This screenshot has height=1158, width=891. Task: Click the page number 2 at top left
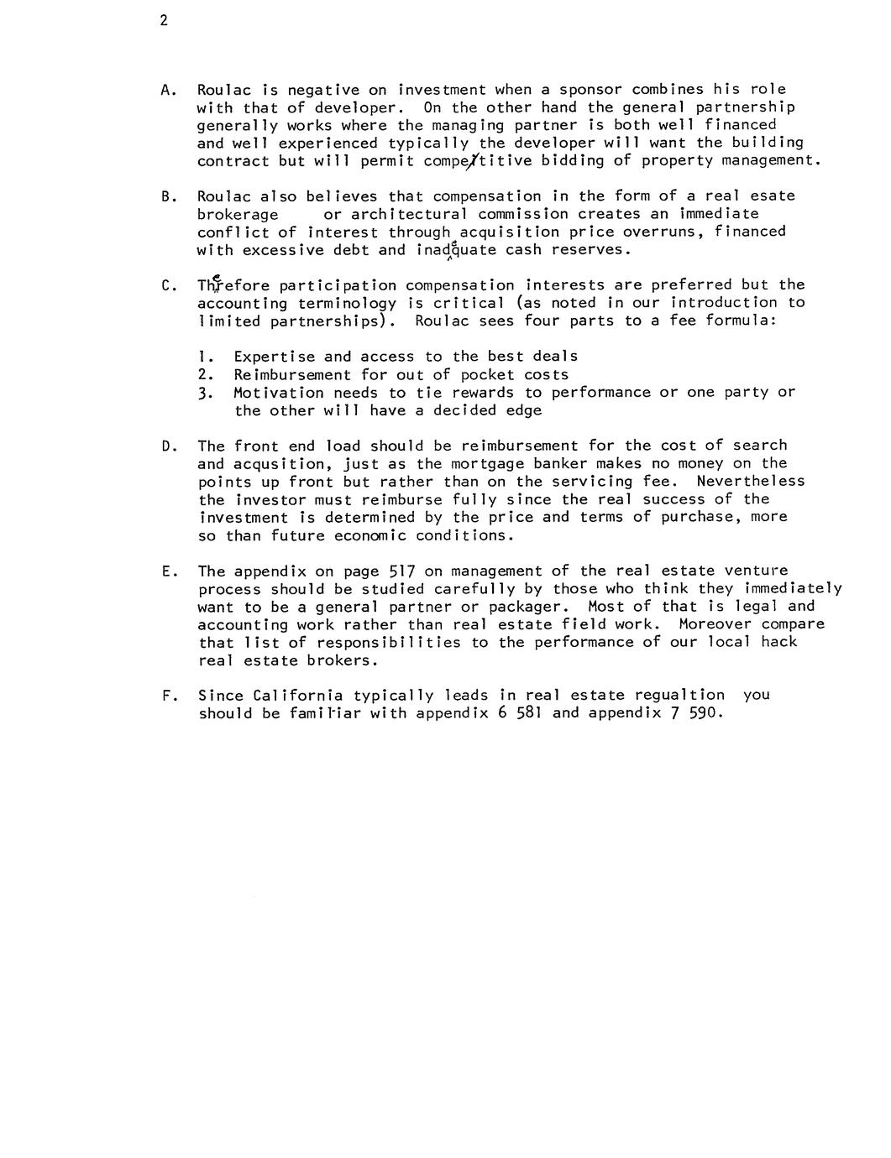tap(164, 21)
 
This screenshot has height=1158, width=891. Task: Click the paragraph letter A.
tap(165, 90)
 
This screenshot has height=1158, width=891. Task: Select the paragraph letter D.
tap(165, 446)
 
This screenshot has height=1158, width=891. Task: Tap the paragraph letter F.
tap(165, 696)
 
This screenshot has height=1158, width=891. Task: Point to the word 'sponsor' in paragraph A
tap(590, 90)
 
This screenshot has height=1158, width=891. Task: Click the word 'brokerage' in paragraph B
tap(238, 214)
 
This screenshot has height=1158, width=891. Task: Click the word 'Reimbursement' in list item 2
tap(292, 375)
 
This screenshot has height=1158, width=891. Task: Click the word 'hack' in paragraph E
tap(778, 642)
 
